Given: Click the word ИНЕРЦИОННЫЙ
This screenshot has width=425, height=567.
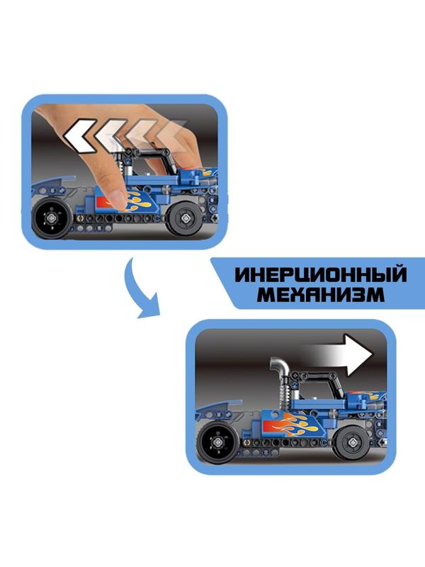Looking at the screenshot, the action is click(x=321, y=275).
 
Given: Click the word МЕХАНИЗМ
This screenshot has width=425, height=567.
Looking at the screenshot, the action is click(x=321, y=294).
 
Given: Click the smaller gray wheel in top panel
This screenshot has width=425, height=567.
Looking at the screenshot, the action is click(x=186, y=218).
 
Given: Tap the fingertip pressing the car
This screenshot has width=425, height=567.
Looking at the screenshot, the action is click(x=116, y=198).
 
